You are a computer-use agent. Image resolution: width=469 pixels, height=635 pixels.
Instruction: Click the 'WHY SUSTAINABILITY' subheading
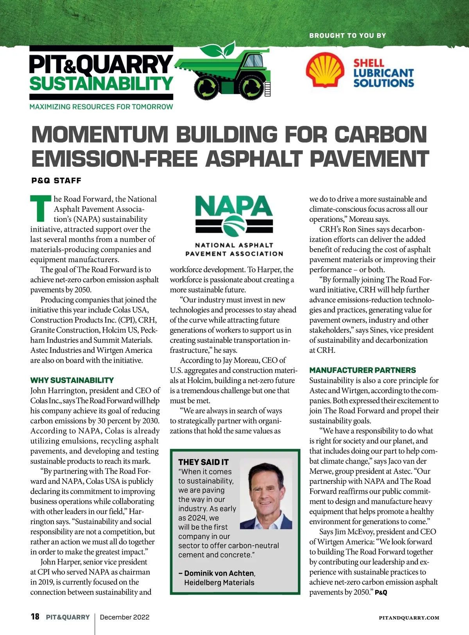pos(72,380)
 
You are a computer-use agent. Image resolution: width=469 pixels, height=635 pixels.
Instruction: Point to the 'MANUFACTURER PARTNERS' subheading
pos(362,370)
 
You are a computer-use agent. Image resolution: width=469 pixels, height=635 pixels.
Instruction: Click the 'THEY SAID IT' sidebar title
pos(203,462)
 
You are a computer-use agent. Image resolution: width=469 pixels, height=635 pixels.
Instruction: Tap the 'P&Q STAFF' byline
pos(56,180)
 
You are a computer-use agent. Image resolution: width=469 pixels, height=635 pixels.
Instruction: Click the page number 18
pos(35,617)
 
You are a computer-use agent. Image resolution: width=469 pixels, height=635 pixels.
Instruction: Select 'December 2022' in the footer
pos(125,617)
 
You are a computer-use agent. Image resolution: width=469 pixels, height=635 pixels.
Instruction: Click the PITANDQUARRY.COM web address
pos(409,618)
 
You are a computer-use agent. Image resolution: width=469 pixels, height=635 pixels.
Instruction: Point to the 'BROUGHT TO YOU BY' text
pos(347,36)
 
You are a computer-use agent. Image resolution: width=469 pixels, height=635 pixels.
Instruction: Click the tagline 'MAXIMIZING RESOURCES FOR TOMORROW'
pos(101,107)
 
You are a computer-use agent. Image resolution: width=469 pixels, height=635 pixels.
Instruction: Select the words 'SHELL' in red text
pos(369,63)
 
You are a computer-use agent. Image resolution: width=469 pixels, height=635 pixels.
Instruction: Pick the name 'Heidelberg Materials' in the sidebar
pos(219,582)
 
